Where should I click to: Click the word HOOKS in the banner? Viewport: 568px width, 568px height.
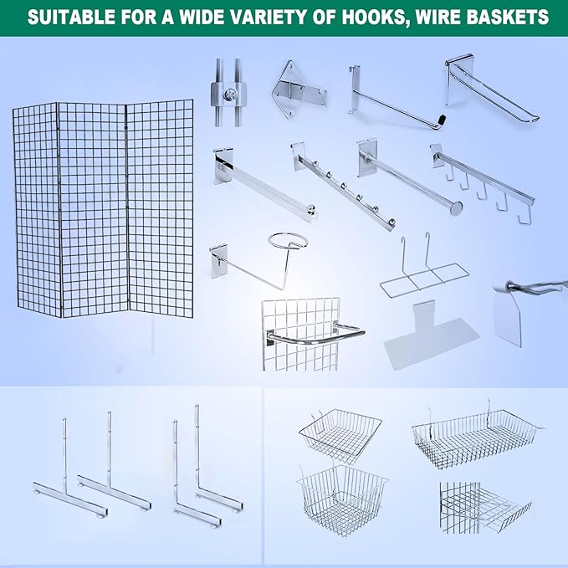(x=374, y=17)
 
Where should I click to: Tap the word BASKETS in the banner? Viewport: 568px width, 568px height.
(x=503, y=17)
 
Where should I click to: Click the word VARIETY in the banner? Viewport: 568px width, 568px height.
(x=258, y=17)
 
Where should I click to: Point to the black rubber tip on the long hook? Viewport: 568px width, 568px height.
(x=441, y=119)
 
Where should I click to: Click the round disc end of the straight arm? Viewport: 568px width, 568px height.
(x=456, y=208)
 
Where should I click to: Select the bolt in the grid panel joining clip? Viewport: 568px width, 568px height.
(x=228, y=95)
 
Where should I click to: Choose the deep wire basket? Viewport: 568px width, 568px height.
(x=341, y=500)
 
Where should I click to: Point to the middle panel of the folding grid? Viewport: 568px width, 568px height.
(x=93, y=209)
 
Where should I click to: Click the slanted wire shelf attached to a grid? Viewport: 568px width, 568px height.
(x=485, y=508)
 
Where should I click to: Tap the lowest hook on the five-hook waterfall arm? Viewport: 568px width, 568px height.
(x=525, y=218)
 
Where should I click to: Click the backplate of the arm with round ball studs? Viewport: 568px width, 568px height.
(x=298, y=156)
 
